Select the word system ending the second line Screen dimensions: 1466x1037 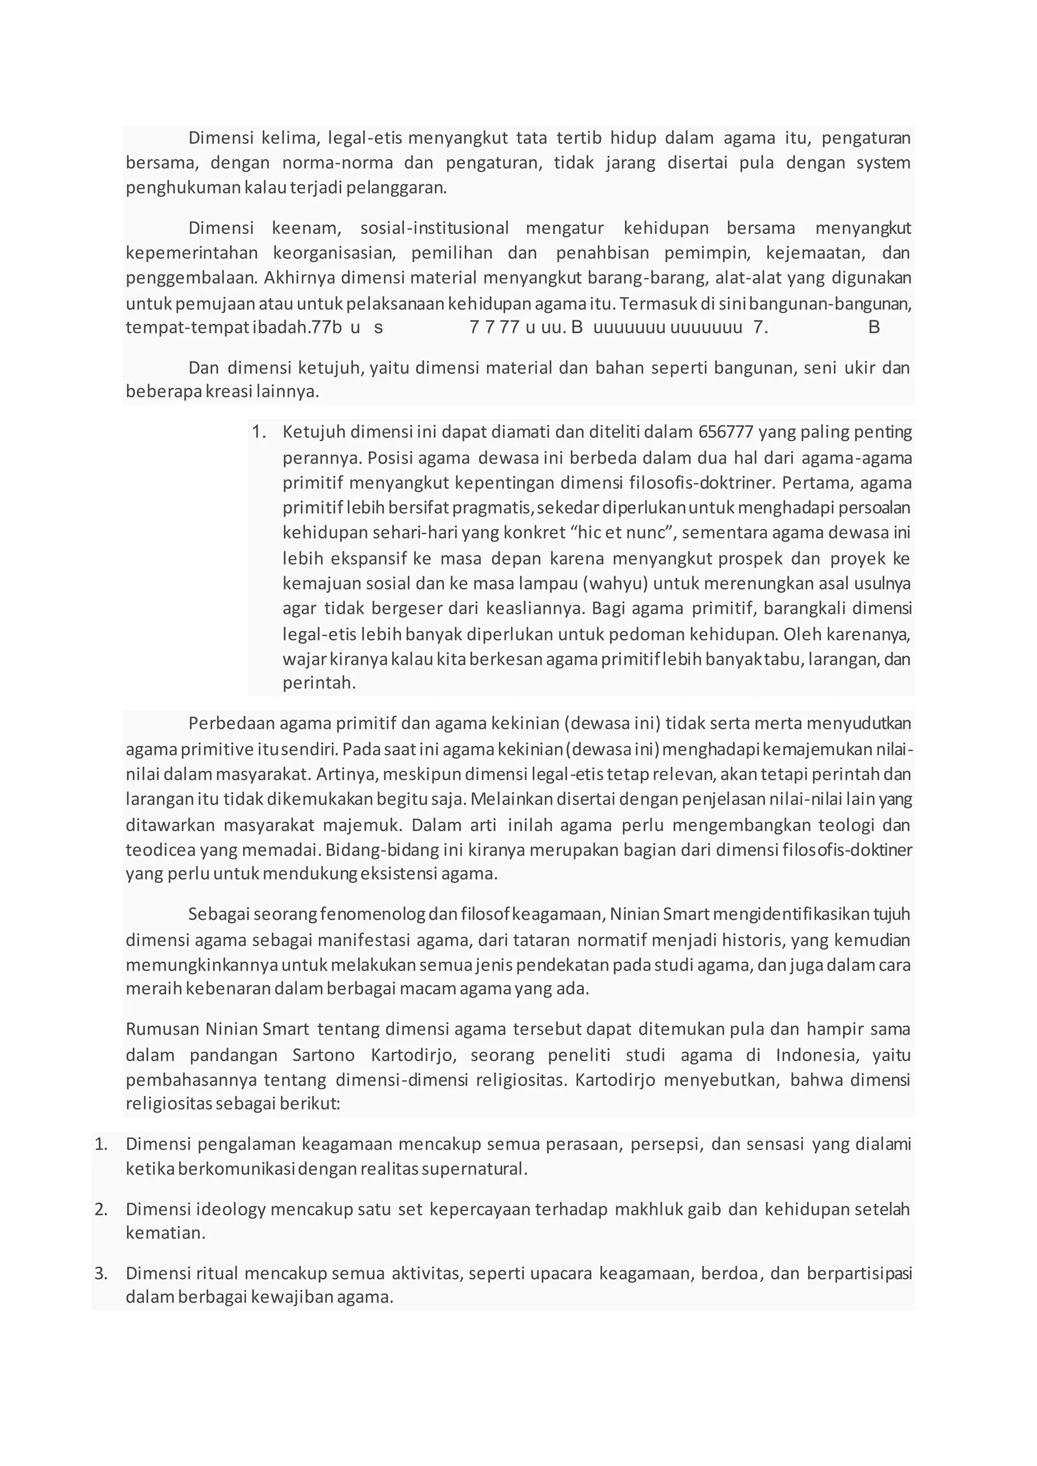883,163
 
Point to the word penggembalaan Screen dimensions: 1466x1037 191,278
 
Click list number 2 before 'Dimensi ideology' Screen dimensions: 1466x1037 101,1209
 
